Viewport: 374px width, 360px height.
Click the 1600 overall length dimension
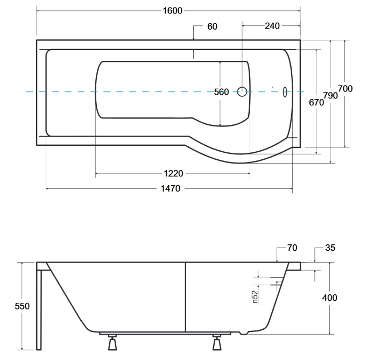172,11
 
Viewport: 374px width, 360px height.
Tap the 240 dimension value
272,26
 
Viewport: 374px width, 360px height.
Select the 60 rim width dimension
212,26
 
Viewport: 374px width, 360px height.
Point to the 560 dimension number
221,92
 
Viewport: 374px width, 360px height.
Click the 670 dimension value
316,103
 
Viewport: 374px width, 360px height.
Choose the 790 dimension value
330,96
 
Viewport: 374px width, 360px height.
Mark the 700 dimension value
345,89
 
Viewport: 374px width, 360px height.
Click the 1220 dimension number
173,173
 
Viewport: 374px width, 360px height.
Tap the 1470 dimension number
171,189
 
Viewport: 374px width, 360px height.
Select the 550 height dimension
22,306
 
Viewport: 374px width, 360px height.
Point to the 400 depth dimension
330,298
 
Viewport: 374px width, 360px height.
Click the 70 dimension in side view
292,248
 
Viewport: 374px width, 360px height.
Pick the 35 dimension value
330,248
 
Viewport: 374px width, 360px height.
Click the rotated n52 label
255,297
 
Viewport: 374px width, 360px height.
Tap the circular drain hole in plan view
242,91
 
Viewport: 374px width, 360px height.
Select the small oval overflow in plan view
285,92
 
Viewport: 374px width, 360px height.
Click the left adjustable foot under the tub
112,343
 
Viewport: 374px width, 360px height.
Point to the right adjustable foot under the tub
217,343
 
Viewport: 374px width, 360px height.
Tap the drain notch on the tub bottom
244,333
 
